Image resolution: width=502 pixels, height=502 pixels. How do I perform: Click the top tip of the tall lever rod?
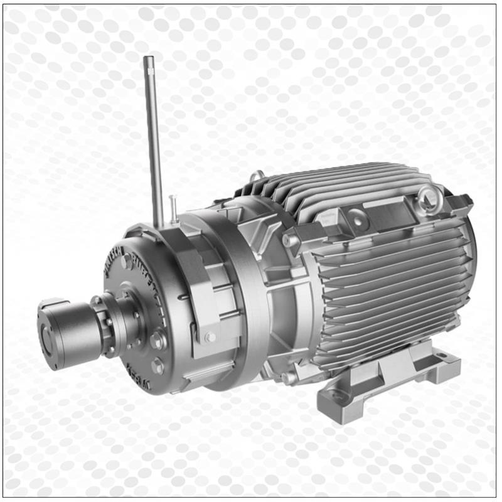(x=148, y=60)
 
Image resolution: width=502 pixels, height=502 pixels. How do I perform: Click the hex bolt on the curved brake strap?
(x=210, y=337)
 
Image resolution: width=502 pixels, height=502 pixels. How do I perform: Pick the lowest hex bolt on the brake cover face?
(x=158, y=366)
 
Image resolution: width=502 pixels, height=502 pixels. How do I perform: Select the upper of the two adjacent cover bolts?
(x=157, y=341)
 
